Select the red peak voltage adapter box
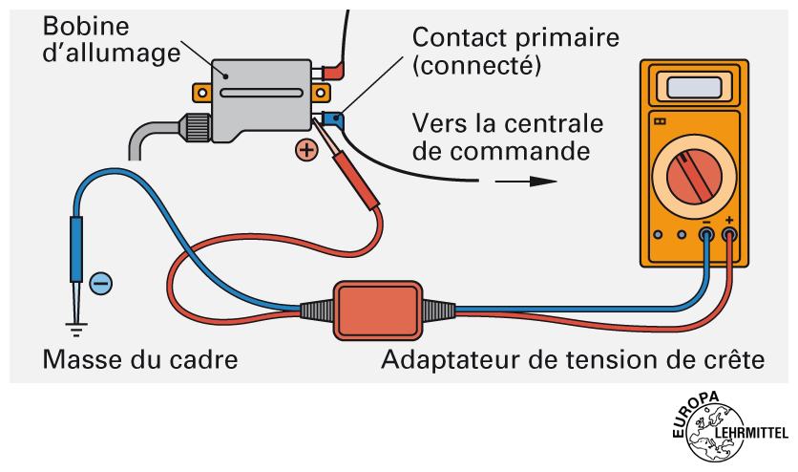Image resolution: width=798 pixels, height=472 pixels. point(376,309)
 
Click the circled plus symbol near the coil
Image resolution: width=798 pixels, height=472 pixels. point(306,150)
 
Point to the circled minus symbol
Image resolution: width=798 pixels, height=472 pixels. point(100,283)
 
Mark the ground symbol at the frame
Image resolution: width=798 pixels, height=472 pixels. point(73,329)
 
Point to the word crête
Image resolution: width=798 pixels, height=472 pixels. point(735,361)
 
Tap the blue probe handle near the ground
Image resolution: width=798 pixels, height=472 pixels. point(76,251)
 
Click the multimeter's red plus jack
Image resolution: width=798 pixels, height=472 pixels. point(730,234)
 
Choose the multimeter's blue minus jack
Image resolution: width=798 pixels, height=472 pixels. point(707,234)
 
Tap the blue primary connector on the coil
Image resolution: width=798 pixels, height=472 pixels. point(334,119)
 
